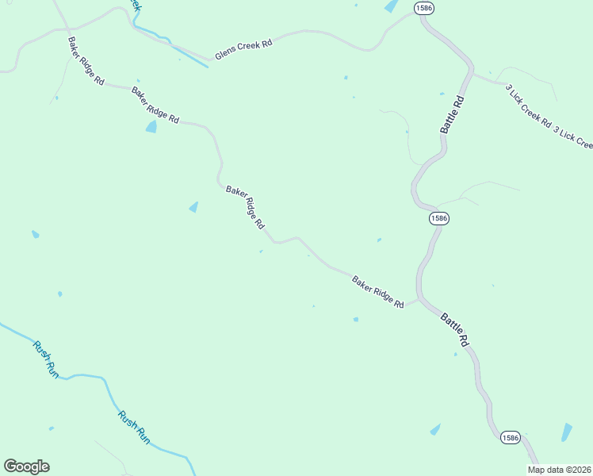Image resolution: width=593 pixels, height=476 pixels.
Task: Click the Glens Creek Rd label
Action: click(x=243, y=49)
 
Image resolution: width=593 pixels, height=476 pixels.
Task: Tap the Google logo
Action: click(x=26, y=466)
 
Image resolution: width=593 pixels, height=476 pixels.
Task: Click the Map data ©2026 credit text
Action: click(x=559, y=470)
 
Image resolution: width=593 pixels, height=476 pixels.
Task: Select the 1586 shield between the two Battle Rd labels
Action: click(x=439, y=217)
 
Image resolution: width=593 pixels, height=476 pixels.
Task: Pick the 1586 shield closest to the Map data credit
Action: click(x=510, y=437)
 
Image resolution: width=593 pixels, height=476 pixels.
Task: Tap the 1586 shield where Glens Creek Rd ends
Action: click(x=423, y=7)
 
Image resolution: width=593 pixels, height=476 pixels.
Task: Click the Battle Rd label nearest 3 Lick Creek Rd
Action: click(x=450, y=115)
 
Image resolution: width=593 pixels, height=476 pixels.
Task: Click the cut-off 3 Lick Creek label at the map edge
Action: click(x=573, y=136)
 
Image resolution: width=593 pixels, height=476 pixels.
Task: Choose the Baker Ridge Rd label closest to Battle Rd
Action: click(x=378, y=292)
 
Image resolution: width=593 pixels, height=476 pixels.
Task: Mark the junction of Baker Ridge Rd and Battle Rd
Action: click(x=419, y=299)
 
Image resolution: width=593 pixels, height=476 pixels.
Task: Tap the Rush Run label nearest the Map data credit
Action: click(x=134, y=426)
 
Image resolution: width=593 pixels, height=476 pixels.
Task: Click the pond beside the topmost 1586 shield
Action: click(x=391, y=6)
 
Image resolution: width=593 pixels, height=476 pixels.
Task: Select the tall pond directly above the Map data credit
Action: click(x=566, y=432)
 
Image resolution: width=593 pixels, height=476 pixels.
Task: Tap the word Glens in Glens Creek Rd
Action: click(x=225, y=54)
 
